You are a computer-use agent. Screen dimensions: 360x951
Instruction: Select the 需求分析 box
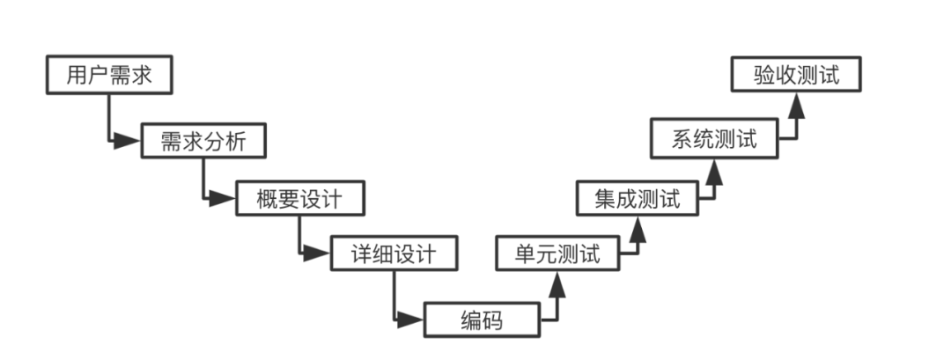coord(203,141)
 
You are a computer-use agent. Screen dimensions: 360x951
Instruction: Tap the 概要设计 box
coord(299,198)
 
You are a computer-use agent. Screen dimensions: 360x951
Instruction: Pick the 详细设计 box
coord(394,255)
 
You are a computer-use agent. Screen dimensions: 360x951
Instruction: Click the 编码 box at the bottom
coord(481,320)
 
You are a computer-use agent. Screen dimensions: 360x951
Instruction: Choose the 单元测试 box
coord(557,255)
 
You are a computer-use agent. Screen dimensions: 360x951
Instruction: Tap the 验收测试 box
coord(796,75)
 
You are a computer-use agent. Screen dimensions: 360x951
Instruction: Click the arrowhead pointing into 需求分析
coord(130,141)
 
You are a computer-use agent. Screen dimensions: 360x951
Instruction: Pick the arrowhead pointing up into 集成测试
coord(637,226)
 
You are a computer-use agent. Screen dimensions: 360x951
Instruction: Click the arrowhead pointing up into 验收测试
coord(796,105)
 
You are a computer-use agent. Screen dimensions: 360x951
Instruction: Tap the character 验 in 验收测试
coord(764,75)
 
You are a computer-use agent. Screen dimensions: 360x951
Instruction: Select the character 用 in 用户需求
coord(77,76)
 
